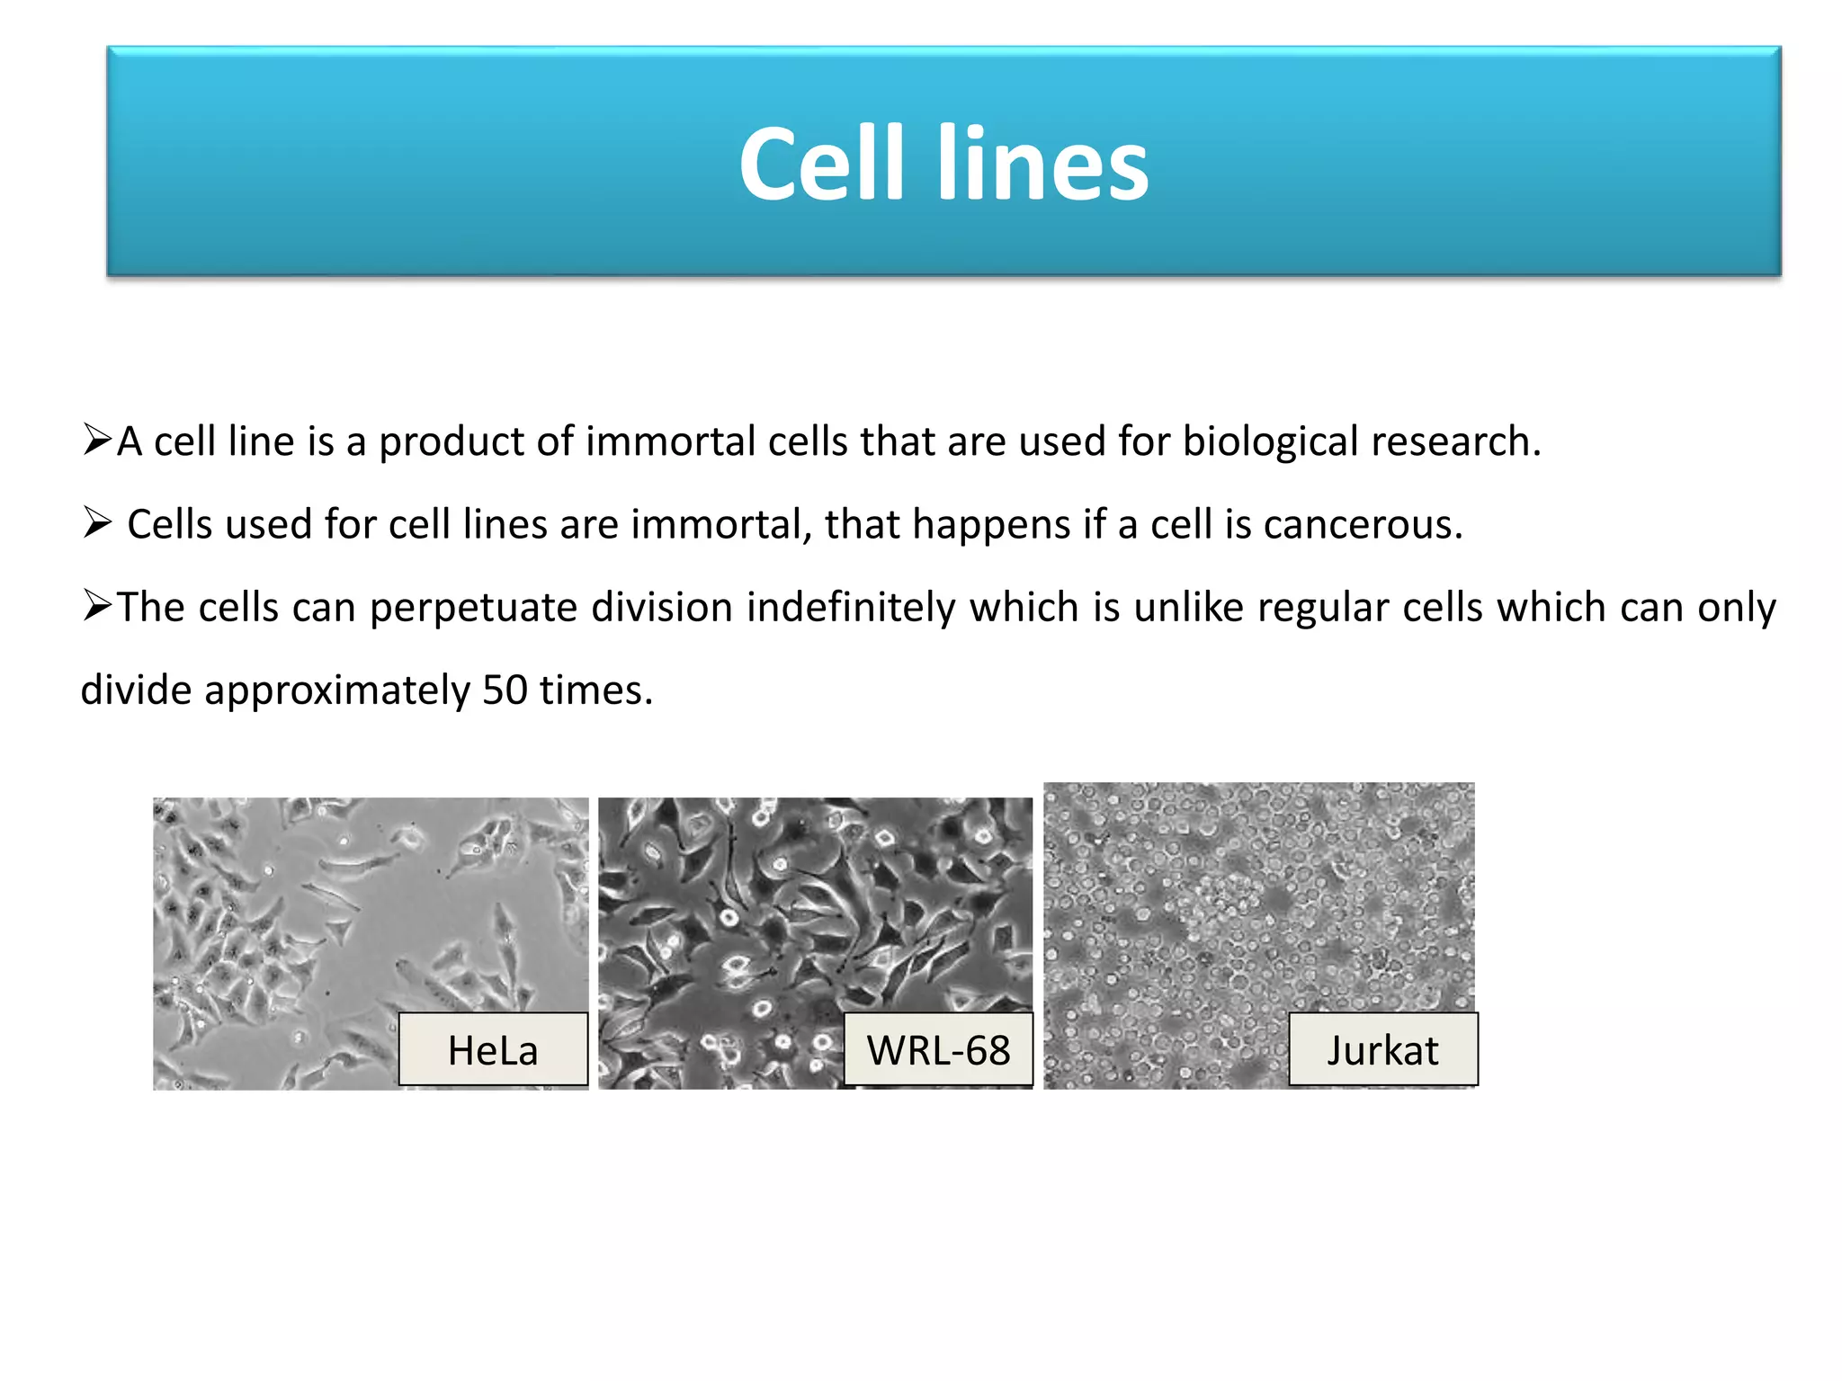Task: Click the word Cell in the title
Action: [820, 165]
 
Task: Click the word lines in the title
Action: [1042, 165]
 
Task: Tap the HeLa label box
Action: [493, 1049]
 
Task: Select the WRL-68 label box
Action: [938, 1049]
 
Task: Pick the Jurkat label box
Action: [1382, 1049]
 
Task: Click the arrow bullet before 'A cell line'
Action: [97, 440]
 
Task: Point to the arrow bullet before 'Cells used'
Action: [97, 522]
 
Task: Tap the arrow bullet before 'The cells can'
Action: [97, 605]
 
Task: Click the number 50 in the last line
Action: [505, 690]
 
